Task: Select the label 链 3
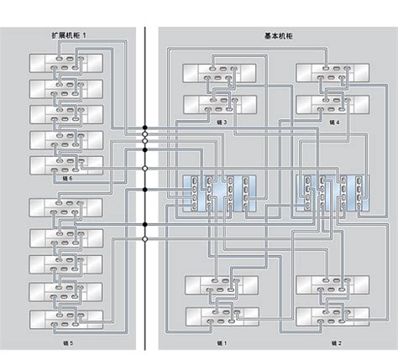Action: (220, 123)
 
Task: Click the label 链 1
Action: (220, 342)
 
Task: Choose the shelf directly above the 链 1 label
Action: (220, 316)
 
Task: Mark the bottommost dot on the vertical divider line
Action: (145, 239)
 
